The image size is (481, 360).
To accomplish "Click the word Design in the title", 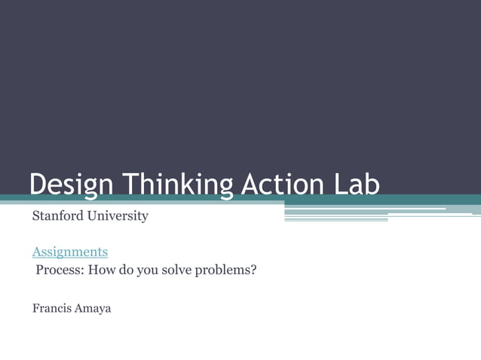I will point(72,184).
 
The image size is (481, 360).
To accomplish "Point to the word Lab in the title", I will point(356,184).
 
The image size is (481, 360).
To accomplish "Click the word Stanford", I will point(57,216).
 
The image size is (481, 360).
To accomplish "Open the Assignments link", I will point(69,252).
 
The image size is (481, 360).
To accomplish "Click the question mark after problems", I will point(254,268).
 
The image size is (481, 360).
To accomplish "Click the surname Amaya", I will point(92,308).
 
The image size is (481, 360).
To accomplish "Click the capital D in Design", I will point(38,184).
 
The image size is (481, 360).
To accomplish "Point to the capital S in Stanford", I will point(35,216).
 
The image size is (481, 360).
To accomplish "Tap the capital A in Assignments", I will point(36,252).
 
